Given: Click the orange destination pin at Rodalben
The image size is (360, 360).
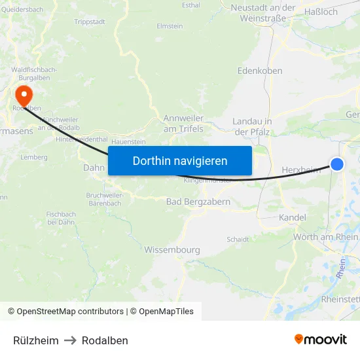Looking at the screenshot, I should [x=24, y=96].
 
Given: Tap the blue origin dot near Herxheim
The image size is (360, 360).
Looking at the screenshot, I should [x=337, y=164].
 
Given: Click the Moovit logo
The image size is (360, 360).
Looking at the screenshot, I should [x=321, y=340].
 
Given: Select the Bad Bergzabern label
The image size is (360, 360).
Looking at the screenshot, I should [x=198, y=202].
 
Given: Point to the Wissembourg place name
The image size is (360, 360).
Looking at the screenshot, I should [x=172, y=249].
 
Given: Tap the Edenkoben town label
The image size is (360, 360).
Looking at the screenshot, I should [x=260, y=71].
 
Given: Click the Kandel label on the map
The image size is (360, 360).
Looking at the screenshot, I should [x=293, y=217].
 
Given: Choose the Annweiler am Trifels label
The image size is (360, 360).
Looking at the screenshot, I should [x=183, y=124].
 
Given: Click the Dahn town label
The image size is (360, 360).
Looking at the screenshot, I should [x=94, y=168].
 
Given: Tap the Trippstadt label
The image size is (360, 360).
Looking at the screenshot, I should [x=90, y=22].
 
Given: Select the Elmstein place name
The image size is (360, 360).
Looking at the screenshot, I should [x=170, y=26].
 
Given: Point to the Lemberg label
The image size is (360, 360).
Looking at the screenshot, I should [x=34, y=157].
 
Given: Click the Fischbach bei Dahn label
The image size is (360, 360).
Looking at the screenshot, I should [x=61, y=218].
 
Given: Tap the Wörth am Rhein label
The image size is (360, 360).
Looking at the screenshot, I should [x=325, y=237].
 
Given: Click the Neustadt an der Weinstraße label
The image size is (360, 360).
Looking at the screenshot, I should [x=263, y=12].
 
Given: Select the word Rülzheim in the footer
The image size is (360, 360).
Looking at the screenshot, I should [x=36, y=340].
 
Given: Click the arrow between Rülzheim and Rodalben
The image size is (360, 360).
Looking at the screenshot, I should [x=70, y=340].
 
